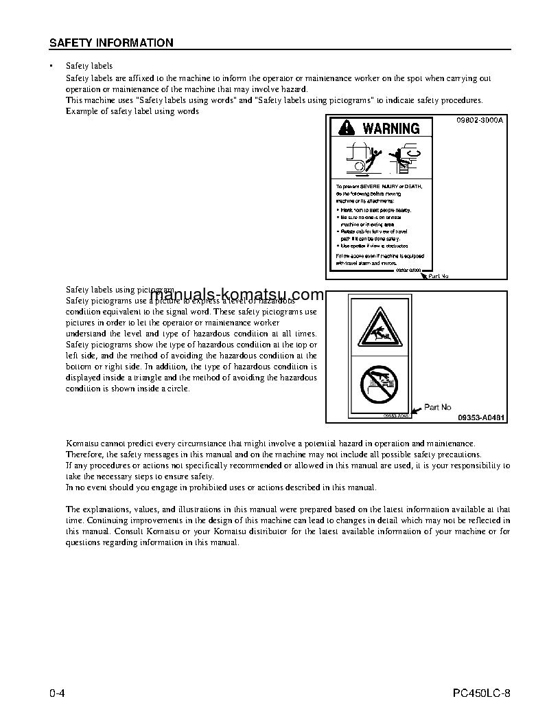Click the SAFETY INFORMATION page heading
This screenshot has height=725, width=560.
[111, 43]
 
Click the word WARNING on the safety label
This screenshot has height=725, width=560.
[390, 128]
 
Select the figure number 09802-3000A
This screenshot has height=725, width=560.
[480, 120]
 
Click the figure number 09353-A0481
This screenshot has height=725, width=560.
[480, 417]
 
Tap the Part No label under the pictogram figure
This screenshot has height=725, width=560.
[438, 407]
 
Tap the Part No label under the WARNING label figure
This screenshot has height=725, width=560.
[438, 276]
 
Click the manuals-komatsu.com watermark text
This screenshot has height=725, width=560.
[235, 295]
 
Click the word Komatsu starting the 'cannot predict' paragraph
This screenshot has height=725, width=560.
[80, 444]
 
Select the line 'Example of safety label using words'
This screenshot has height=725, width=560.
[132, 111]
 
